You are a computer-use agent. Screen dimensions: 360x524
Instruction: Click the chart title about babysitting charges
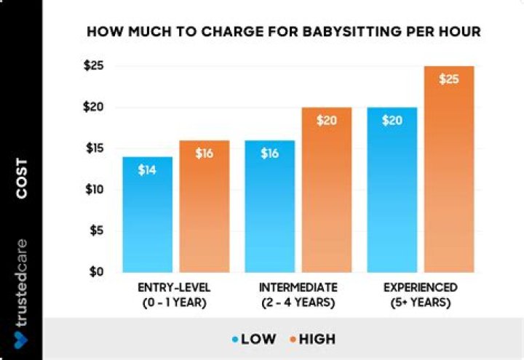[x=284, y=33]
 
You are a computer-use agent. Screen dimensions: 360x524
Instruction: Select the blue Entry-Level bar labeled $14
[x=148, y=215]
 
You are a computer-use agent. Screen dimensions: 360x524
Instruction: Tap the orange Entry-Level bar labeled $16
[x=204, y=207]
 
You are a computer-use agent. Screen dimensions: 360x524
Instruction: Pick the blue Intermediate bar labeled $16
[x=270, y=207]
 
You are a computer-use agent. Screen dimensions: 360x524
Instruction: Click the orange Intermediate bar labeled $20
[x=327, y=190]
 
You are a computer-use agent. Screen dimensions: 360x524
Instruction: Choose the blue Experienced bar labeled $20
[x=392, y=190]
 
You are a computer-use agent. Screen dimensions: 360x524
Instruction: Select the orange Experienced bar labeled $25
[x=449, y=169]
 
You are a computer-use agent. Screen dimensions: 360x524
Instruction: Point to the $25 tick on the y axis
[x=95, y=66]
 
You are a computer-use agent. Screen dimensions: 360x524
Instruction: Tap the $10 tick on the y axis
[x=95, y=190]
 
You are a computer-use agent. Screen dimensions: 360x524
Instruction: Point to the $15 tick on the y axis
[x=95, y=148]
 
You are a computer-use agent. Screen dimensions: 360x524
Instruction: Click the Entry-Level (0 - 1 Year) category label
[x=175, y=295]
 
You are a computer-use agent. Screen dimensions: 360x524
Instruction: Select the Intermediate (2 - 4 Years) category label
[x=298, y=295]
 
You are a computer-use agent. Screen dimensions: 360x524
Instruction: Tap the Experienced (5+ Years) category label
[x=421, y=295]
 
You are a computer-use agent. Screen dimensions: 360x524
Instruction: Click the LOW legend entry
[x=255, y=339]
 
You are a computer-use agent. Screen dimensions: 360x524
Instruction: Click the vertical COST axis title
[x=22, y=177]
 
